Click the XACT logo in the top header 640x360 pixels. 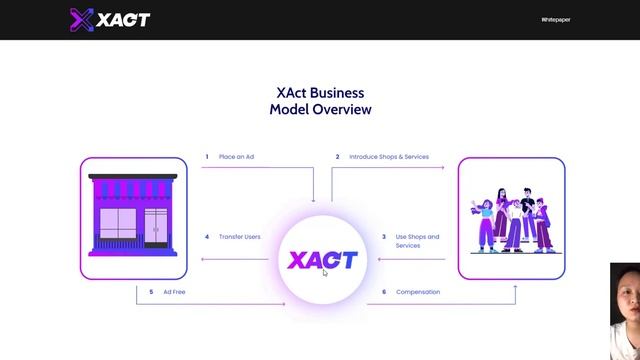(110, 19)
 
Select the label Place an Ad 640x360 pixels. (237, 157)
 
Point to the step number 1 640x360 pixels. (207, 157)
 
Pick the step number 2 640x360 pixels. (338, 157)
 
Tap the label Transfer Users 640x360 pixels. (240, 237)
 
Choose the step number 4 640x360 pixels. (207, 237)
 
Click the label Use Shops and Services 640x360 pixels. (417, 241)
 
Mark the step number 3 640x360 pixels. (384, 237)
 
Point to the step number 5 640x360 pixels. (151, 292)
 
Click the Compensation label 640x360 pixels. (418, 292)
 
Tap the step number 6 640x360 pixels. (384, 292)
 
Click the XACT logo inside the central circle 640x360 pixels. (322, 260)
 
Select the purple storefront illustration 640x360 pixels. (133, 217)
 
